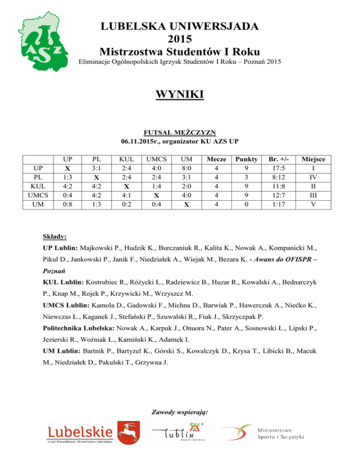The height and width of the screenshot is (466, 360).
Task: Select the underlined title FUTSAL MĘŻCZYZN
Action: coord(180,133)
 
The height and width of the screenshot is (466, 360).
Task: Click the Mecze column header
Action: coord(215,159)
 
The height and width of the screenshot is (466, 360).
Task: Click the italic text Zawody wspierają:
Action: coord(180,413)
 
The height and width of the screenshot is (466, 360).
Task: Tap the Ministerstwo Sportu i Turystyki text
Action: coord(280,434)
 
